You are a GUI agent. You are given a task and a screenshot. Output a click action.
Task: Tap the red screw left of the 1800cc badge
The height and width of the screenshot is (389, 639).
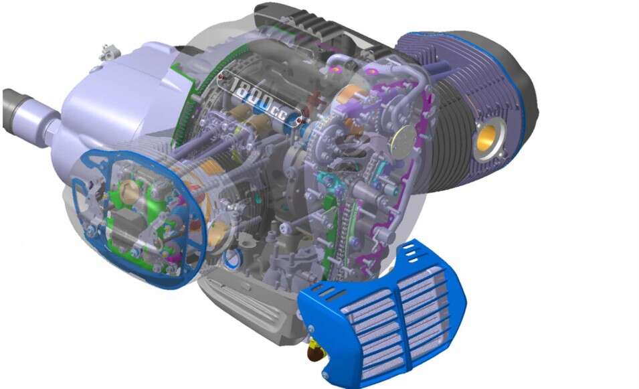[x=221, y=76]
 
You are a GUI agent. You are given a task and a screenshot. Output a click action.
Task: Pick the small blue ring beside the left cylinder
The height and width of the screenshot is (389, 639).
[x=233, y=258]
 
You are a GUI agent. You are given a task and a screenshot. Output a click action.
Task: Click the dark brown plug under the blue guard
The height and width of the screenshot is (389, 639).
[x=315, y=351]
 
